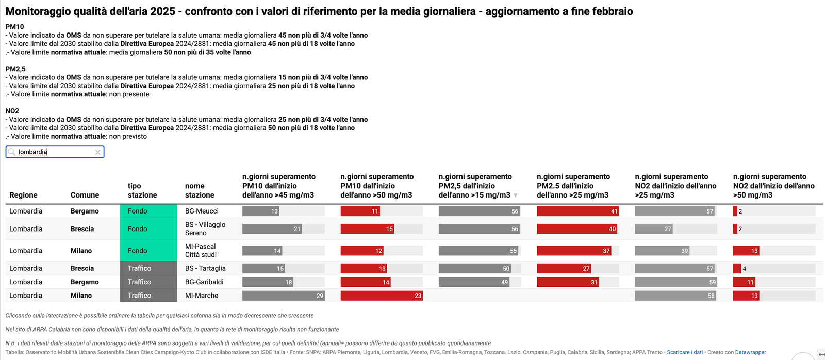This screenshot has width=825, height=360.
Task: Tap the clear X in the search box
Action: (98, 152)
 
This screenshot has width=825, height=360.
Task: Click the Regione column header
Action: (23, 195)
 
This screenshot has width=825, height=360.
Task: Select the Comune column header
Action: (85, 195)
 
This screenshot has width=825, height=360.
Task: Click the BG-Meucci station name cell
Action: (202, 211)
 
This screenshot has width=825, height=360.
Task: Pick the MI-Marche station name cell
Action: (201, 296)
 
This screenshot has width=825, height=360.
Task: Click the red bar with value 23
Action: (382, 296)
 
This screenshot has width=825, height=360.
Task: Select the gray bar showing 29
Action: (283, 296)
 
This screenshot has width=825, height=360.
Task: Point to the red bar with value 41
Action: (577, 211)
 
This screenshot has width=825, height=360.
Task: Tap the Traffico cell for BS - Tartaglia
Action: (148, 268)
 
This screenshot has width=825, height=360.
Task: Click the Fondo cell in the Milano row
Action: (148, 251)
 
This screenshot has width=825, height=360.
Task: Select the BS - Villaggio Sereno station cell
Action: (205, 228)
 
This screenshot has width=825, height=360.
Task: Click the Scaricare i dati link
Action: (685, 352)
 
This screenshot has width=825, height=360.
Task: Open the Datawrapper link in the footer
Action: (750, 352)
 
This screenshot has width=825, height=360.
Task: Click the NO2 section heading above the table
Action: (12, 111)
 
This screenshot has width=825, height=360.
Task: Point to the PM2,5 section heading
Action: (15, 69)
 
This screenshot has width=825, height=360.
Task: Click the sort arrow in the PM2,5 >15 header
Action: (515, 195)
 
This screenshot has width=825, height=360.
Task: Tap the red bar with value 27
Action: (564, 268)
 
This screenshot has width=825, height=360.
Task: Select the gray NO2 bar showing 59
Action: (676, 282)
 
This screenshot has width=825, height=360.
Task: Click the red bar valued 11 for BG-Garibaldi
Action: (745, 282)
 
